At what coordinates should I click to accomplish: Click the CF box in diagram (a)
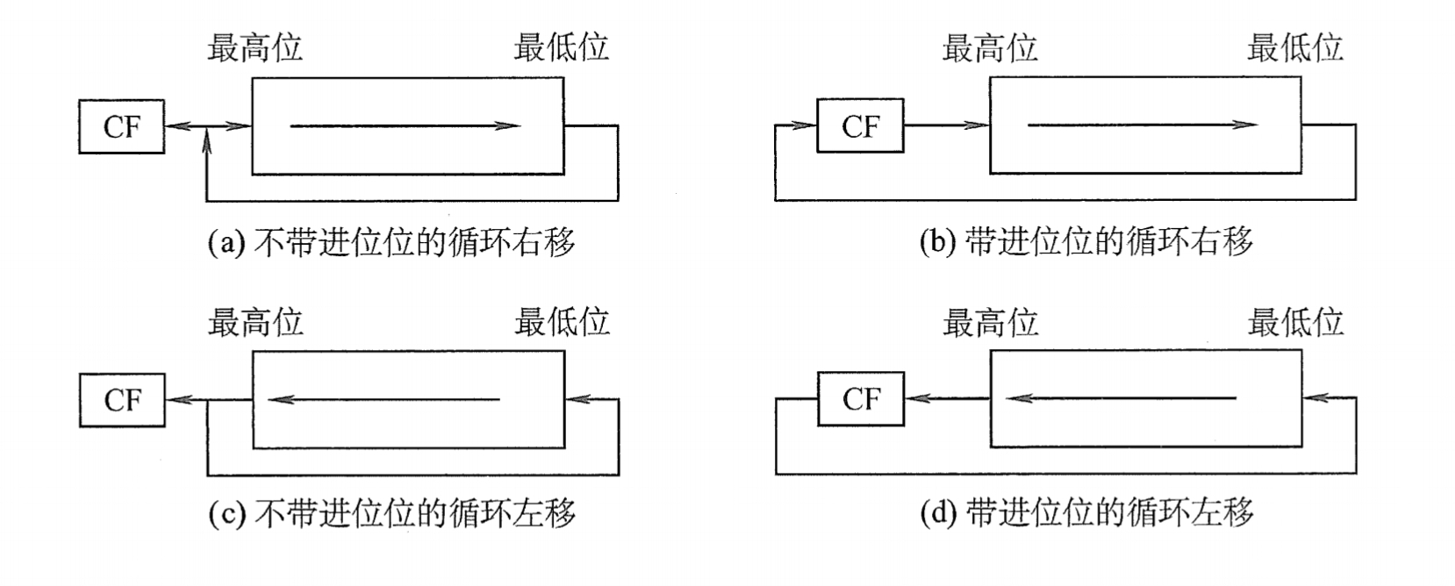tap(121, 127)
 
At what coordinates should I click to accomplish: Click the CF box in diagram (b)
tap(859, 126)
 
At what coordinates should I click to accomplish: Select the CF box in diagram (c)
tap(122, 401)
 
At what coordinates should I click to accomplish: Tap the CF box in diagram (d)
tap(860, 400)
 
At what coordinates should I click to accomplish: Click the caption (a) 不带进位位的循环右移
tap(391, 242)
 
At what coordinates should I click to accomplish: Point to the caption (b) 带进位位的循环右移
tap(1086, 241)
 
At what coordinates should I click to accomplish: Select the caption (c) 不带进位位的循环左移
tap(391, 513)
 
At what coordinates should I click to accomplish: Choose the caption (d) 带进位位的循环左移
tap(1086, 512)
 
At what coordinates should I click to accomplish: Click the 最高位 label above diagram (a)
tap(254, 48)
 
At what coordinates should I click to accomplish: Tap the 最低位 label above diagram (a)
tap(561, 47)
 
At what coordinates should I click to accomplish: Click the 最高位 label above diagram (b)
tap(989, 48)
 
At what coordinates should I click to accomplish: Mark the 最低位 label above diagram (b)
tap(1294, 47)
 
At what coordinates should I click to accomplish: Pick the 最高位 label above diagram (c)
tap(254, 323)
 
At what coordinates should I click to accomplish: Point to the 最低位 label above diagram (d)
tap(1295, 323)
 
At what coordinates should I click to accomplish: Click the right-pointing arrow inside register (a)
tap(405, 126)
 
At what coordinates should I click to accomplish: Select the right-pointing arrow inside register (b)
tap(1142, 125)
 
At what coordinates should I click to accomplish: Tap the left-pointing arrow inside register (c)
tap(383, 400)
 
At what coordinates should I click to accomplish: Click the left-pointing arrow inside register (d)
tap(1121, 399)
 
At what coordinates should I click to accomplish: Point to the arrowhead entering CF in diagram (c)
tap(178, 401)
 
